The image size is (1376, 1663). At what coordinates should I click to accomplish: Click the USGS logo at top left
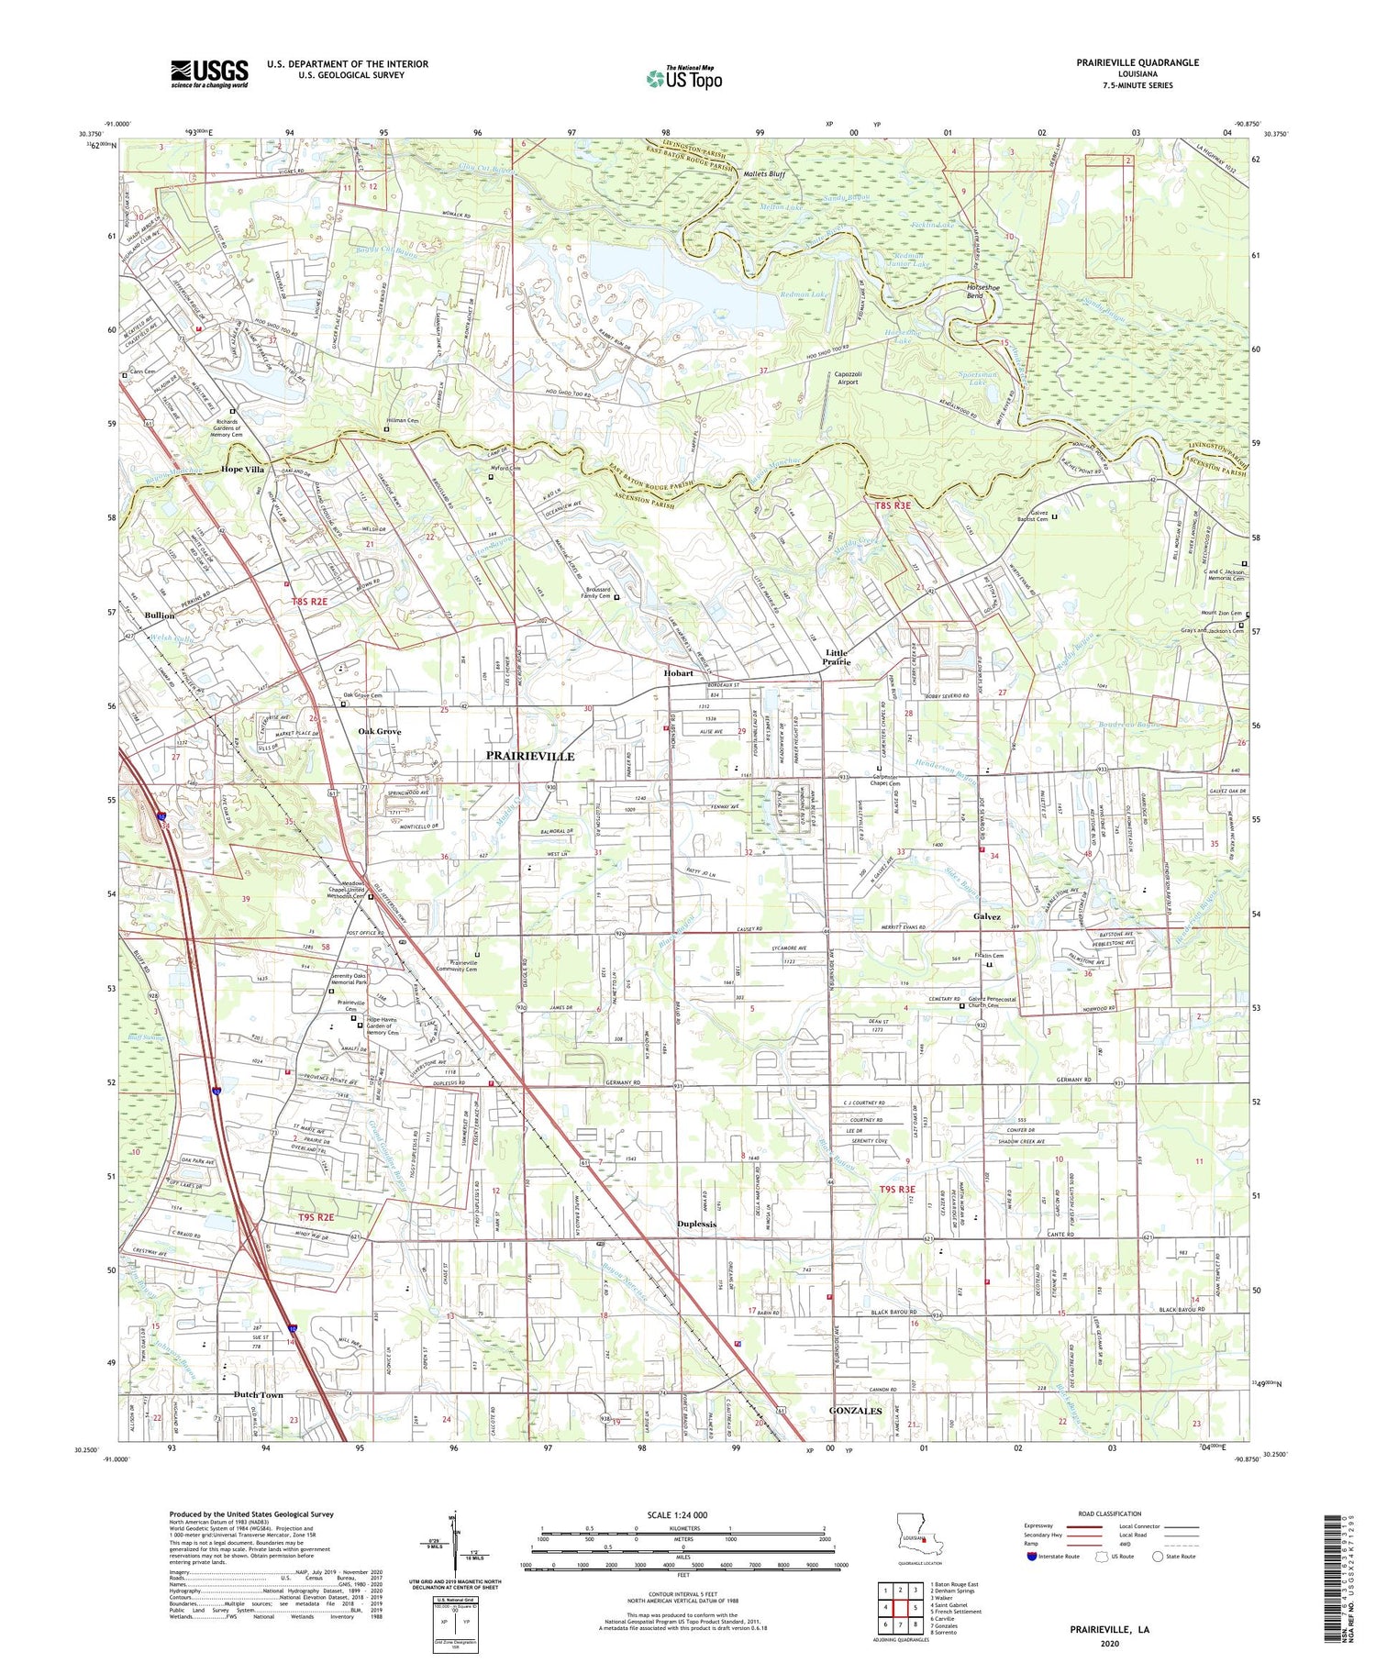[x=209, y=73]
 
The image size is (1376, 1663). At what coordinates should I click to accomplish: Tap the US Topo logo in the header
[x=684, y=78]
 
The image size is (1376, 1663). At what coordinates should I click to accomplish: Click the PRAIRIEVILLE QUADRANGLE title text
[x=1137, y=62]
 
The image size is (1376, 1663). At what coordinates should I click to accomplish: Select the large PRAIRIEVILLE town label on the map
[x=529, y=756]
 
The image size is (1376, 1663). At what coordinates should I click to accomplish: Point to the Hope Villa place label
[x=242, y=469]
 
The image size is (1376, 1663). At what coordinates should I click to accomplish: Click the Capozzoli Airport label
[x=846, y=378]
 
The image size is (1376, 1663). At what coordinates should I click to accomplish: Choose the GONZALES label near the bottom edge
[x=855, y=1410]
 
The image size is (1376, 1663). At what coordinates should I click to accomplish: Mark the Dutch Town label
[x=258, y=1394]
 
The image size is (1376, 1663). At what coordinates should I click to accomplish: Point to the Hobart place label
[x=679, y=672]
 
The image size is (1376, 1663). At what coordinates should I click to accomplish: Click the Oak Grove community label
[x=379, y=731]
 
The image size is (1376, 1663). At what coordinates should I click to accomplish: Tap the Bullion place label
[x=159, y=615]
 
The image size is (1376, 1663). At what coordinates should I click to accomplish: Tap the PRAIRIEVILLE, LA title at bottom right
[x=1109, y=1629]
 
